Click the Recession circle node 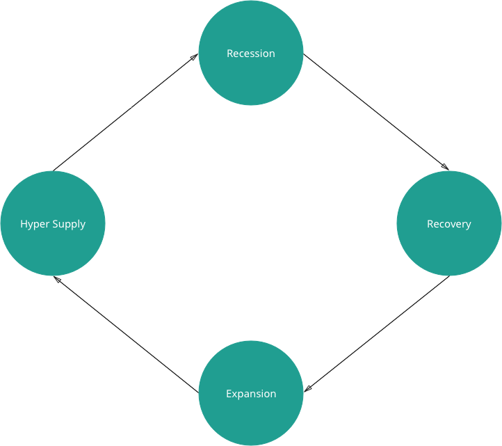(251, 54)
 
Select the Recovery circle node (448, 223)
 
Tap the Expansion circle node (251, 393)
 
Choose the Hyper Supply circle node (53, 223)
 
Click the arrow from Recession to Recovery (375, 112)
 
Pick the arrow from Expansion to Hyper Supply (125, 333)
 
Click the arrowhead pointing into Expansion (308, 390)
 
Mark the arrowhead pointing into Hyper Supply (58, 278)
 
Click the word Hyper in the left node (32, 224)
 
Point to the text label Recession (251, 54)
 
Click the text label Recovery (448, 224)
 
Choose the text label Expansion (251, 394)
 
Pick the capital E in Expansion (229, 394)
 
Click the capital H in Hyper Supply (24, 224)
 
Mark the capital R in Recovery (430, 224)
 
